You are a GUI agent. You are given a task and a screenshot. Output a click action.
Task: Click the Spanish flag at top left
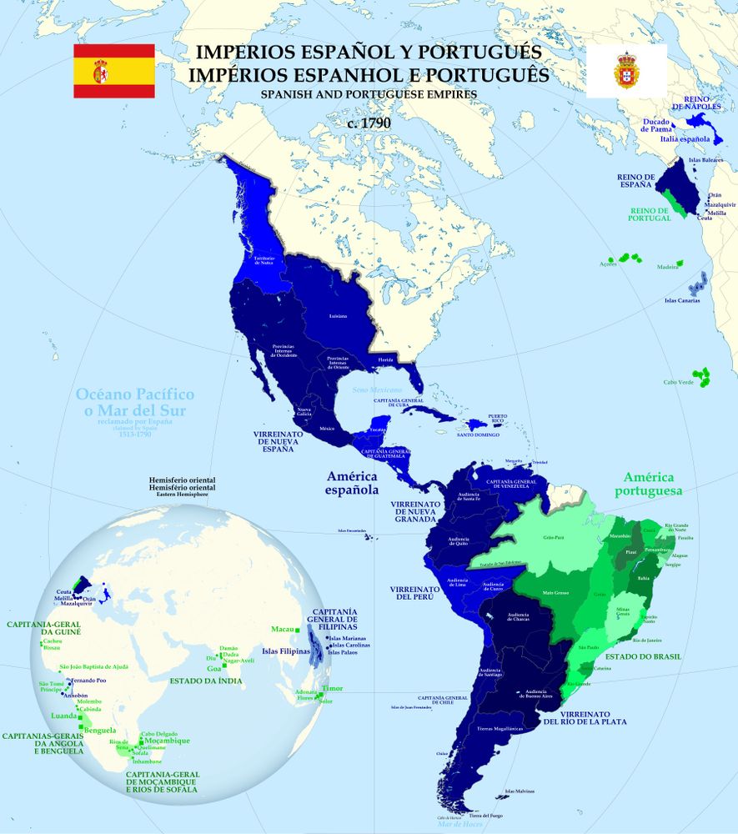[114, 71]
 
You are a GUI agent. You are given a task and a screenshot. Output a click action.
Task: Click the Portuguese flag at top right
[625, 71]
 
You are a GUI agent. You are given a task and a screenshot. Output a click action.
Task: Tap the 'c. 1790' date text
[369, 123]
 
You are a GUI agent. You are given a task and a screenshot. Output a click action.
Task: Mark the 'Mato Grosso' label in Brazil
[554, 593]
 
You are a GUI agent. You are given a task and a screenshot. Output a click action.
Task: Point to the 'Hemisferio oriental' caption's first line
[181, 481]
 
